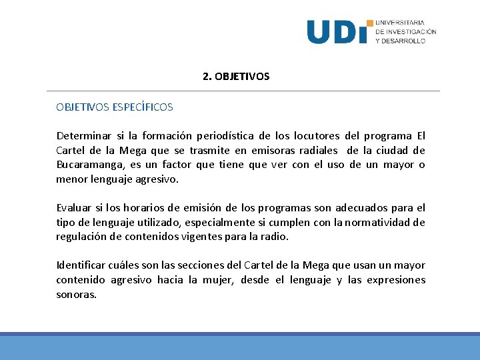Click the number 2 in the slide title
206,77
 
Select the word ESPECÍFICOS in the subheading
143,107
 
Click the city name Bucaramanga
87,165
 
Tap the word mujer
216,280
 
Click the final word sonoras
76,295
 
